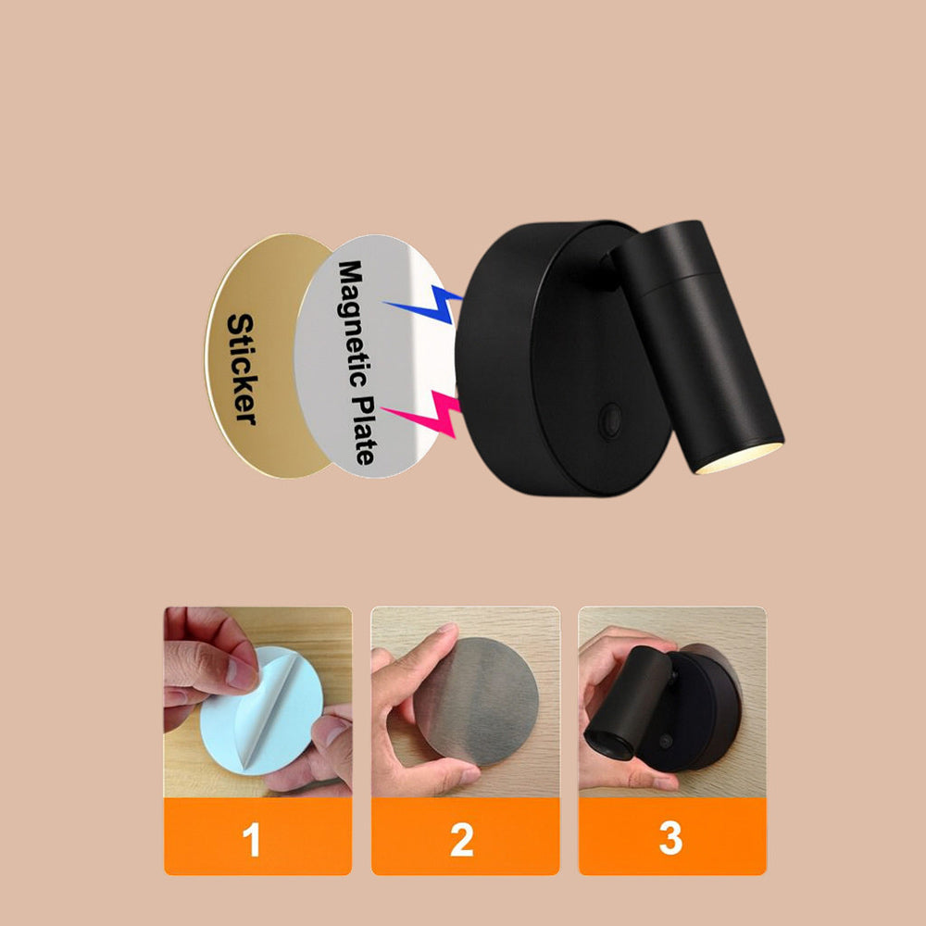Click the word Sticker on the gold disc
coord(242,369)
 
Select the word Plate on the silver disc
coord(363,429)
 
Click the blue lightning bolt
coord(423,304)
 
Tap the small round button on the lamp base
coord(610,419)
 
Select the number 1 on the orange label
coord(251,839)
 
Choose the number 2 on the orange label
coord(462,839)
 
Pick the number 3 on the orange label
coord(670,838)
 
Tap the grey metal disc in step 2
coord(476,701)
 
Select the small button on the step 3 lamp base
coord(666,742)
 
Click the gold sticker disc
coord(269,356)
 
